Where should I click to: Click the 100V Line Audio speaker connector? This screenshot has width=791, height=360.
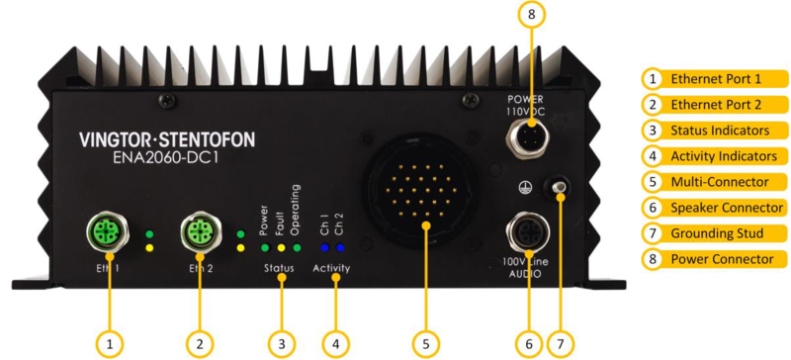pyautogui.click(x=528, y=233)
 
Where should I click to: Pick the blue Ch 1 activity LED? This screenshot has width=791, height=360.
pyautogui.click(x=322, y=247)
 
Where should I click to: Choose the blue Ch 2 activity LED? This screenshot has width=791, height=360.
pyautogui.click(x=338, y=247)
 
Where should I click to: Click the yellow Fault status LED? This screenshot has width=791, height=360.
pyautogui.click(x=281, y=247)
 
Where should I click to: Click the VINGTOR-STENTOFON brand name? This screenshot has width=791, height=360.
pyautogui.click(x=165, y=140)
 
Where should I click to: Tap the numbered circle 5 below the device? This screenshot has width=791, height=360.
pyautogui.click(x=424, y=342)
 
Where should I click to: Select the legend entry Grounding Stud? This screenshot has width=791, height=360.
pyautogui.click(x=717, y=233)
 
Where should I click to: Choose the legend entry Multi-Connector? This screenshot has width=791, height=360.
pyautogui.click(x=717, y=181)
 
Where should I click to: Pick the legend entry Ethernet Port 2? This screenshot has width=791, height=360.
pyautogui.click(x=717, y=104)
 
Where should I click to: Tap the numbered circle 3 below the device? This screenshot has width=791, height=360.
pyautogui.click(x=282, y=342)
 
